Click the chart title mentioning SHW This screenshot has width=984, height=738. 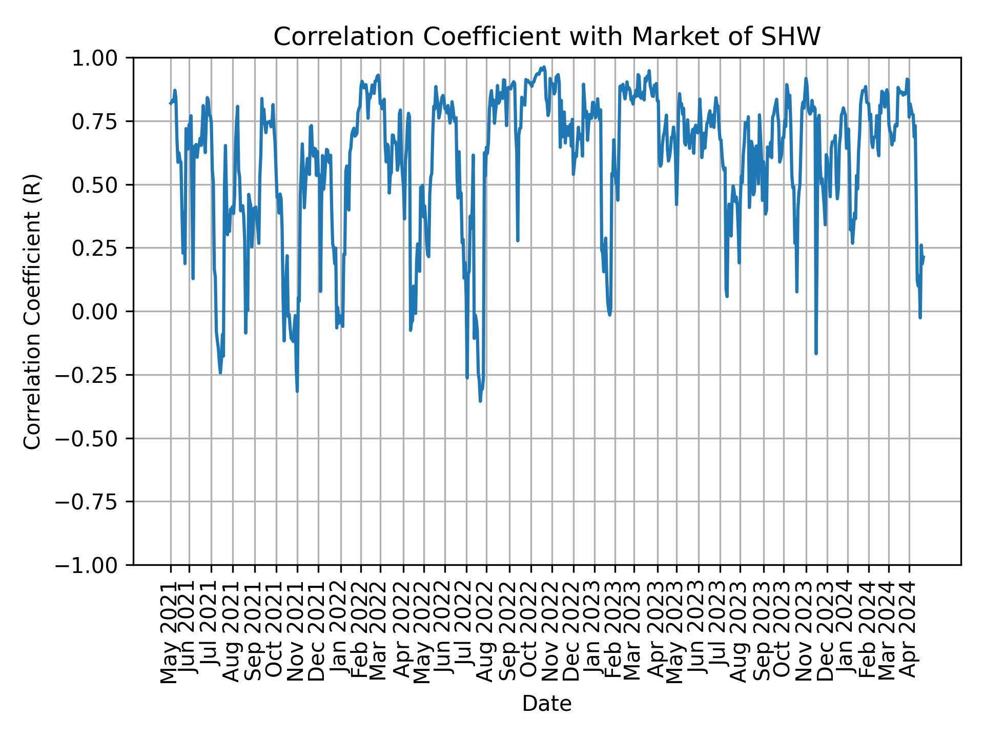click(x=547, y=37)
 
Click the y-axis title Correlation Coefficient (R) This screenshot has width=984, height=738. click(x=32, y=311)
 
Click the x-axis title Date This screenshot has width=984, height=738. click(x=547, y=704)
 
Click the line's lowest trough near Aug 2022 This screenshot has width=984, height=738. click(x=480, y=401)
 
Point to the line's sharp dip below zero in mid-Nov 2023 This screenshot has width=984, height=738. click(x=816, y=353)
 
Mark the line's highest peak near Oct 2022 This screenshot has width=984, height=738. click(x=544, y=67)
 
